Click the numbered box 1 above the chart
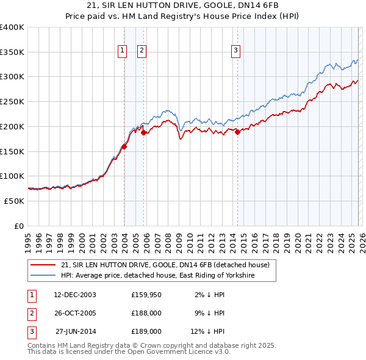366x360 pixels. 122,51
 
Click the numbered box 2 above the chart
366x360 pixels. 142,51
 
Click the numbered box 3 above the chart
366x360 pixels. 235,51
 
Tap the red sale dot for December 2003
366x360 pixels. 124,146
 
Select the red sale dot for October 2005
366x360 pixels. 144,132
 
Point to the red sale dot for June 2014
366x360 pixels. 237,132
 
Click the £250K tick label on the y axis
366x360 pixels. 12,101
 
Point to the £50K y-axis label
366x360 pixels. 14,201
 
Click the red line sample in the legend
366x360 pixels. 44,265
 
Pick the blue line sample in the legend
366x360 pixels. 44,276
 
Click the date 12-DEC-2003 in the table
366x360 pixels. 74,295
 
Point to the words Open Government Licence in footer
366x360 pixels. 170,352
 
